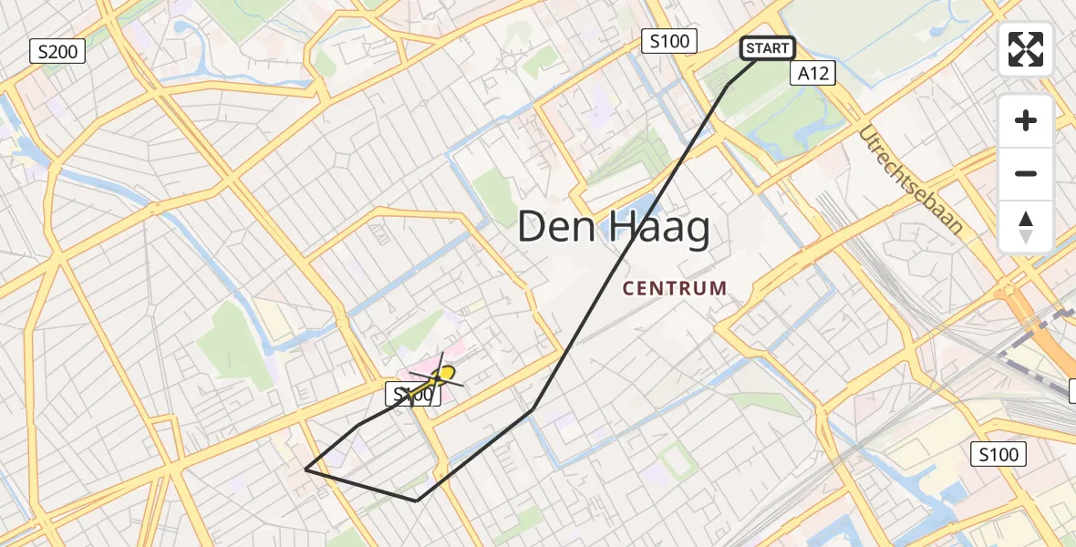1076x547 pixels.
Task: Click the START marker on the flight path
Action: (x=767, y=48)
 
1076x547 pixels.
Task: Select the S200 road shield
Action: (x=57, y=52)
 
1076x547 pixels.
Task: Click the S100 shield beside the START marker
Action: (x=669, y=41)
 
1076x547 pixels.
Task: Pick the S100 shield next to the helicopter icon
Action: (x=409, y=395)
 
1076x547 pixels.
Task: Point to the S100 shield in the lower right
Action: (x=998, y=454)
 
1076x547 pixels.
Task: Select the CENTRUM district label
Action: (x=675, y=289)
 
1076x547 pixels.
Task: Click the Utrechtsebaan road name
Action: (x=909, y=181)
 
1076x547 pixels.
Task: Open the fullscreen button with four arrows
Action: (x=1026, y=49)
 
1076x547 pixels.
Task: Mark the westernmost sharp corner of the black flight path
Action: (x=305, y=470)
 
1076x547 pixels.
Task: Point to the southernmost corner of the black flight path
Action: (x=417, y=501)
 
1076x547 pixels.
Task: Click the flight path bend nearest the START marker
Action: (x=727, y=85)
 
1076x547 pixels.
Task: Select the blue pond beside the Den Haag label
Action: (x=645, y=202)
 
